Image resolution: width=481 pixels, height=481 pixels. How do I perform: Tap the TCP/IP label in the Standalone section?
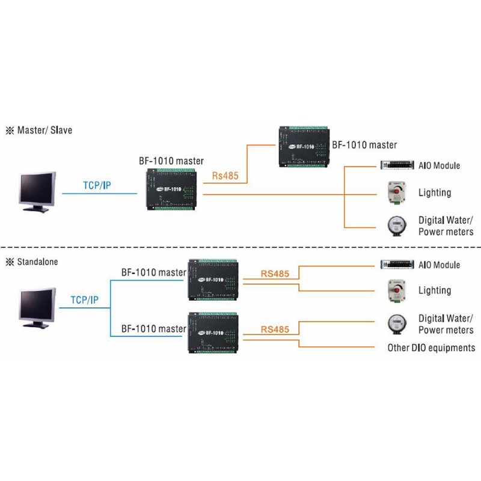pyautogui.click(x=85, y=299)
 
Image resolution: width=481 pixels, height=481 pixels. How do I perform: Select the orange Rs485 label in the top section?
pyautogui.click(x=225, y=177)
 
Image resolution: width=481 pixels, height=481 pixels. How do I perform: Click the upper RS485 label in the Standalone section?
pyautogui.click(x=275, y=274)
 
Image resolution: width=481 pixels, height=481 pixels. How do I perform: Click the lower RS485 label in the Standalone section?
pyautogui.click(x=275, y=329)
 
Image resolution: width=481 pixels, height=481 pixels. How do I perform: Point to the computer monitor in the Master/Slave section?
pyautogui.click(x=37, y=191)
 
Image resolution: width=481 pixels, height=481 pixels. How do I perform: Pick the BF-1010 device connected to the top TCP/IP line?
pyautogui.click(x=171, y=188)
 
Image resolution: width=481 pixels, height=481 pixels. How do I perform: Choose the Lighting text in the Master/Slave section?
pyautogui.click(x=434, y=192)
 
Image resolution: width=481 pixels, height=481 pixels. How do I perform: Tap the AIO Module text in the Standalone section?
pyautogui.click(x=439, y=265)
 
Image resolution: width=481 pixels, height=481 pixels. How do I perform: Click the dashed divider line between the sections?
pyautogui.click(x=240, y=247)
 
